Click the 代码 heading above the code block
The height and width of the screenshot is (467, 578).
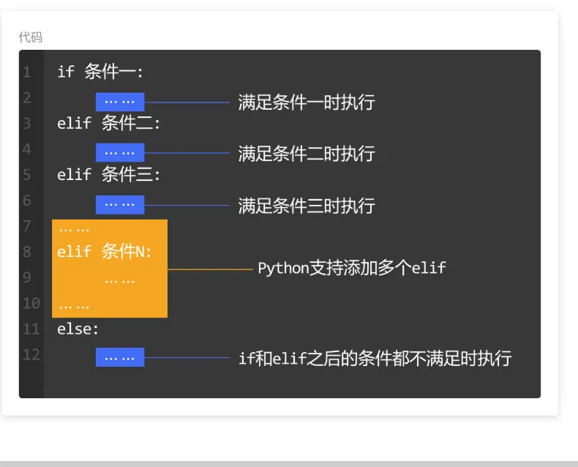coord(31,37)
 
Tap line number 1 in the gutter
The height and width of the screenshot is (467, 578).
coord(26,72)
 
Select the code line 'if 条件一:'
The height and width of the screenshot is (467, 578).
coord(100,71)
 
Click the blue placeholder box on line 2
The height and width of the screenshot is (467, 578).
coord(120,102)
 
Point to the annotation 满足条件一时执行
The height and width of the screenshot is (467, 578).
coord(307,102)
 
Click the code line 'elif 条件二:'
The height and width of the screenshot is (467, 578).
coord(108,123)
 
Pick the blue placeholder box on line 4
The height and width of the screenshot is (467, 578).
coord(120,152)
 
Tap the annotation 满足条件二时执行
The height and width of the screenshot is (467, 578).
coord(307,154)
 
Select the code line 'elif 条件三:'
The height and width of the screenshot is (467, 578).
coord(108,174)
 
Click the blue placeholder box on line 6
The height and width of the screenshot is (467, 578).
coord(120,205)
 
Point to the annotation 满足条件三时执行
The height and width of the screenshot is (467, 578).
coord(307,206)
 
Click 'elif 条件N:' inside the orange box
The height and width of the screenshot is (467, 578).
coord(105,252)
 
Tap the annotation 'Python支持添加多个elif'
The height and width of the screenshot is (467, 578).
coord(352,268)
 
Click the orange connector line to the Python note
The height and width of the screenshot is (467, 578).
coord(210,269)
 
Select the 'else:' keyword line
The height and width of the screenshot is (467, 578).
coord(78,329)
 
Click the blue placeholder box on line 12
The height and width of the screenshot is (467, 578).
coord(120,357)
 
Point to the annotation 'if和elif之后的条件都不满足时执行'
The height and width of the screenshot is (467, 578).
coord(375,358)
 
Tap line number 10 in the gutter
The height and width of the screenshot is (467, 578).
coord(31,303)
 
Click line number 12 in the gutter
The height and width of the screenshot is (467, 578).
coord(31,354)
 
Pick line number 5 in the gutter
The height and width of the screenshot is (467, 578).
coord(26,174)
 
